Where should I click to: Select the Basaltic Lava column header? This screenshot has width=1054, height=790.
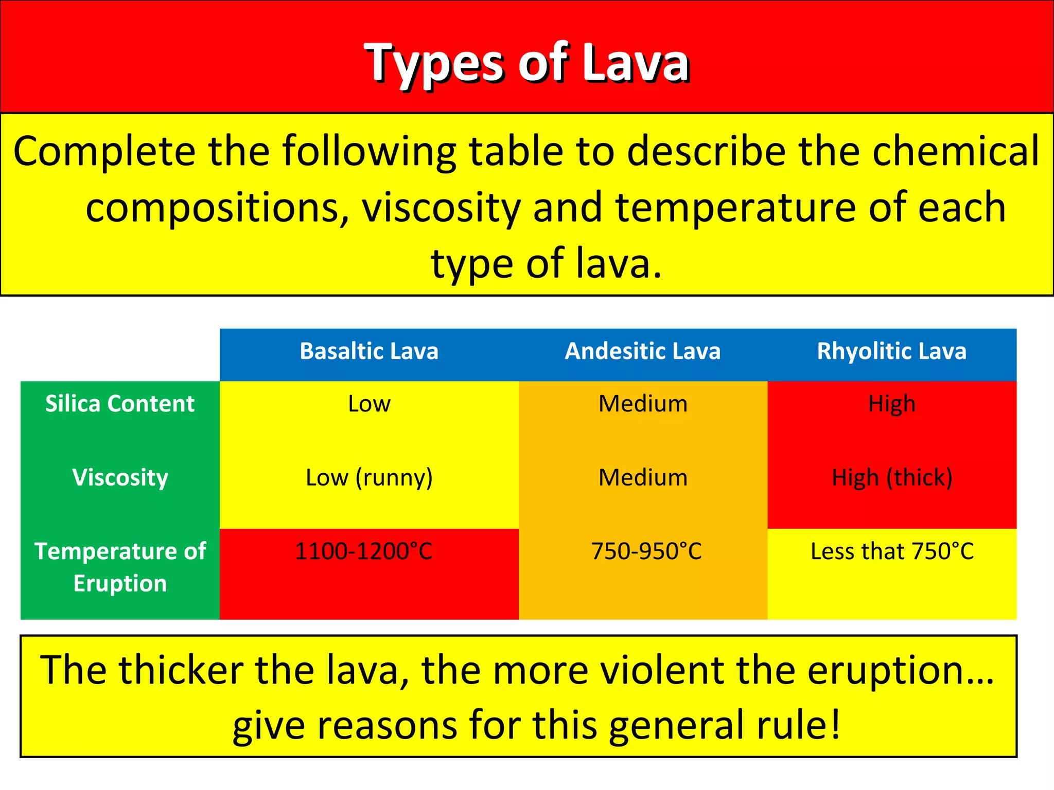(368, 352)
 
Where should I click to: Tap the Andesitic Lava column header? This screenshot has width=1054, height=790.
(642, 352)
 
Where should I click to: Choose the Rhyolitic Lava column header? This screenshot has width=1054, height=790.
(891, 352)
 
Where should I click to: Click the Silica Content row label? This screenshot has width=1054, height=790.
(120, 404)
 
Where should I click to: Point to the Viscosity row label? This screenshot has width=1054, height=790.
(120, 477)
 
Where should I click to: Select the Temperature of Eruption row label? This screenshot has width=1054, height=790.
(120, 567)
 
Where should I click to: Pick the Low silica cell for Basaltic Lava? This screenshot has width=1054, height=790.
(368, 404)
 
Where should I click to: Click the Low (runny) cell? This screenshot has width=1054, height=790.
(368, 478)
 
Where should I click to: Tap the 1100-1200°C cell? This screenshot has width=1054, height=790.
(363, 551)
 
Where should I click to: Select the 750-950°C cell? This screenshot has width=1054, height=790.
(646, 551)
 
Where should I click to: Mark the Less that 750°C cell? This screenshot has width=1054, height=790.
(891, 551)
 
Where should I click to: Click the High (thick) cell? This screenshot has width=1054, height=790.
(891, 478)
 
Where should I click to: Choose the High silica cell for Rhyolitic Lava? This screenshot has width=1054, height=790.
(891, 404)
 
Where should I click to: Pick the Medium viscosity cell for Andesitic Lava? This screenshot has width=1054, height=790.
(642, 478)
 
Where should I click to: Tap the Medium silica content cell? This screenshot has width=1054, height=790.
(642, 404)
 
